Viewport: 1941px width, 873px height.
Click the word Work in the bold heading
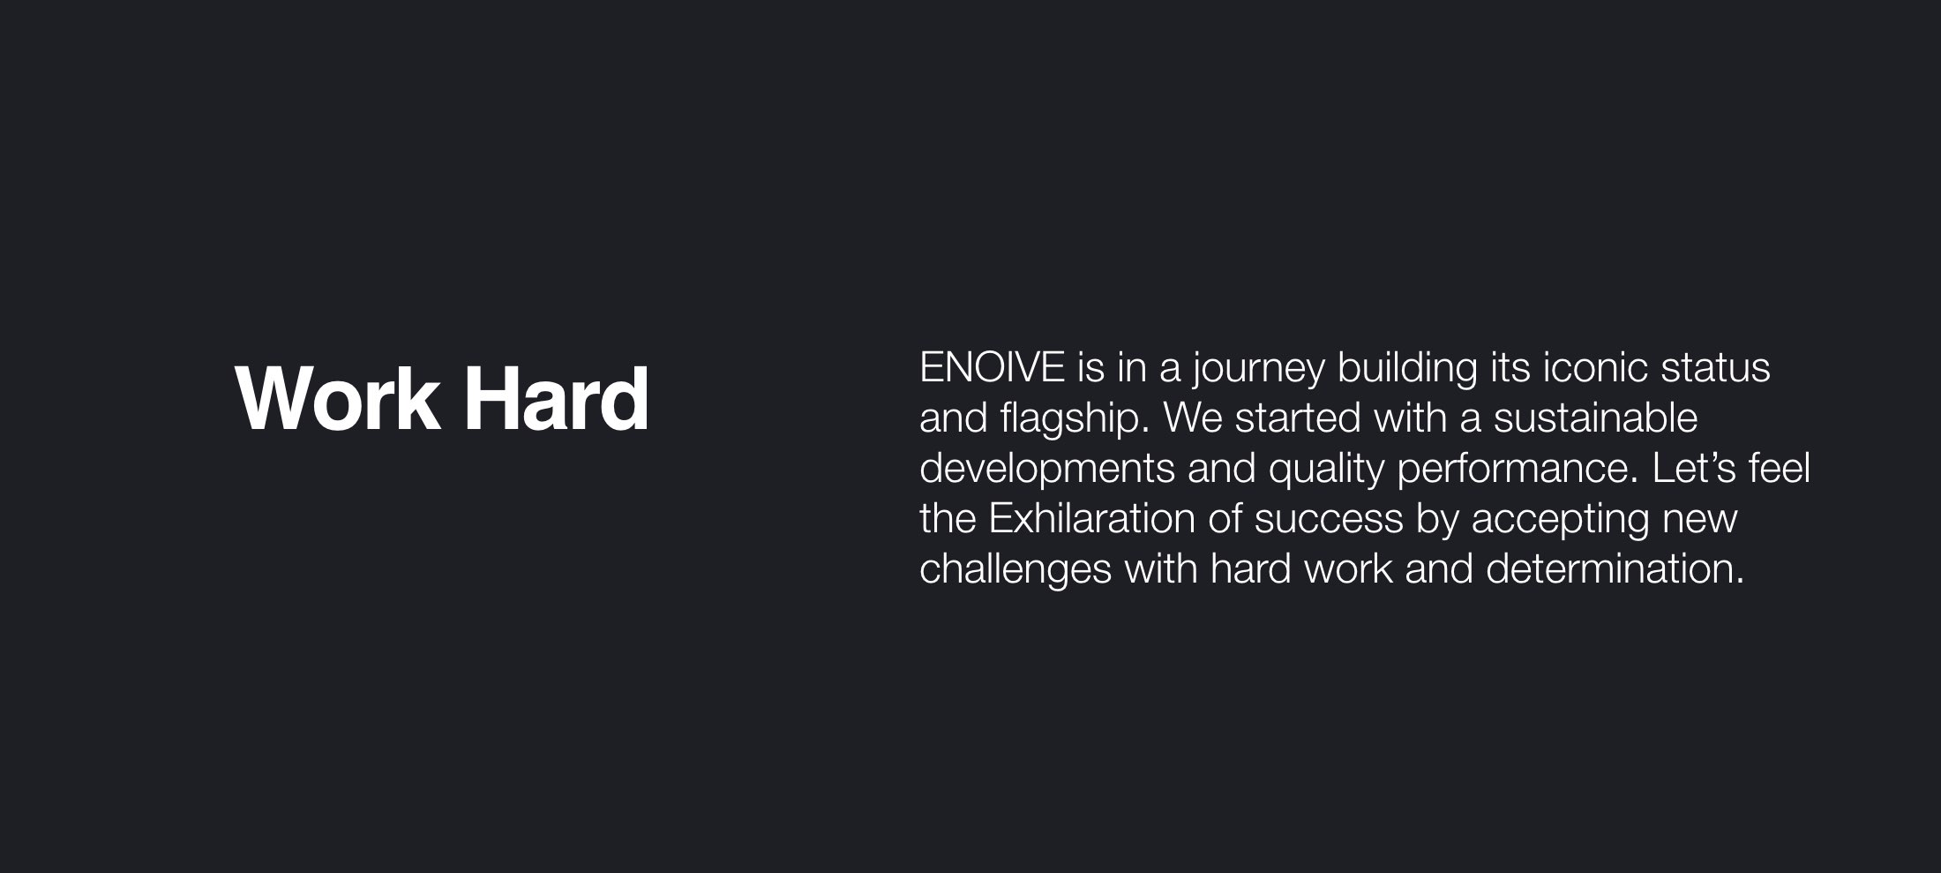pyautogui.click(x=337, y=399)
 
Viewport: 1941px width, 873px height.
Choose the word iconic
pyautogui.click(x=1594, y=367)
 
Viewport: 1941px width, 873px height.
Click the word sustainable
pyautogui.click(x=1595, y=418)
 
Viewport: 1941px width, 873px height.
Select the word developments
pyautogui.click(x=1046, y=469)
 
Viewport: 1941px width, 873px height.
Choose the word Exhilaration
pyautogui.click(x=1091, y=518)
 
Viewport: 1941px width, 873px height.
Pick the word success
pyautogui.click(x=1328, y=518)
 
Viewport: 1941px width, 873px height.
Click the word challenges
pyautogui.click(x=1015, y=569)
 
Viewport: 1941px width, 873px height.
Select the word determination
pyautogui.click(x=1615, y=568)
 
